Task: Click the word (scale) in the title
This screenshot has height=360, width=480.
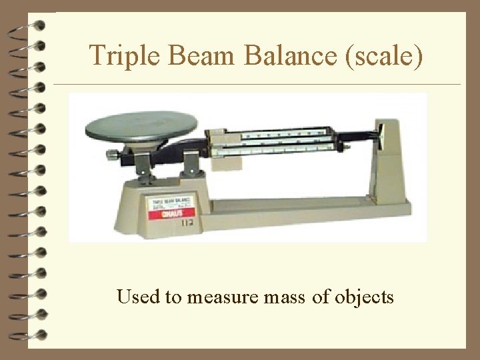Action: coord(385,55)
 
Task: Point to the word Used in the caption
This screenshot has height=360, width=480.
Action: coord(138,296)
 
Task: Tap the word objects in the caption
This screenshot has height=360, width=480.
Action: coord(363,297)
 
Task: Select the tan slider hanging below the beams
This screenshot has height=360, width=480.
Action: coord(226,160)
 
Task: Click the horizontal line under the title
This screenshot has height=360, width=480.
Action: coord(257,85)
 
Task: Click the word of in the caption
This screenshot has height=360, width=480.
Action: coord(321,297)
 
